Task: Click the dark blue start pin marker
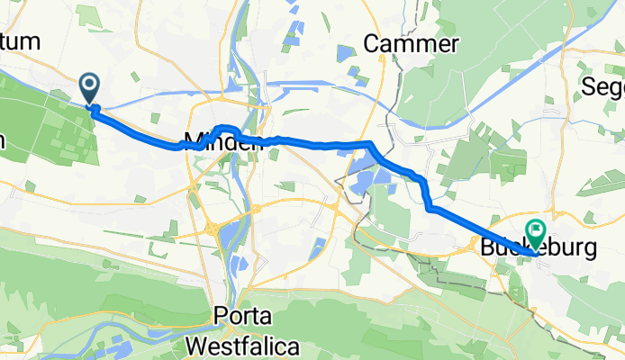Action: click(91, 87)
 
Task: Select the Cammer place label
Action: click(411, 44)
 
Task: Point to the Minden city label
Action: click(222, 141)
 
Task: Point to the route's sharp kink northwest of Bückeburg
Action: click(430, 208)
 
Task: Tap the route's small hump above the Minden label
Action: click(226, 128)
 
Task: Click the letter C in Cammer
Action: click(371, 44)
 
